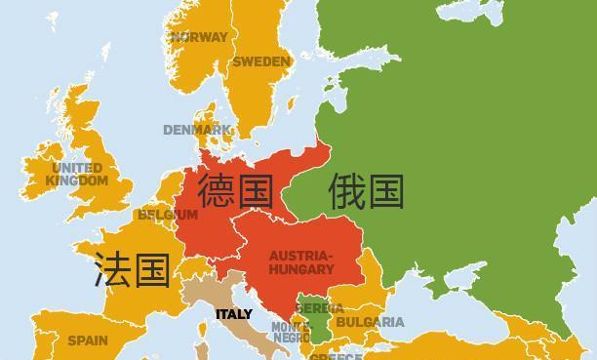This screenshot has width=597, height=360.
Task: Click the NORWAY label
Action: click(x=198, y=37)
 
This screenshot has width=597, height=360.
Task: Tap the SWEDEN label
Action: click(x=260, y=61)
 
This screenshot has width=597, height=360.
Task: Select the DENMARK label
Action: click(x=197, y=130)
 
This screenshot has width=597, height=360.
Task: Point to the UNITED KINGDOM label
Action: click(x=77, y=175)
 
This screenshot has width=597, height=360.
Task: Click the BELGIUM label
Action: click(x=167, y=215)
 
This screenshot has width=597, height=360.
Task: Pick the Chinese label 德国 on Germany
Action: click(x=235, y=190)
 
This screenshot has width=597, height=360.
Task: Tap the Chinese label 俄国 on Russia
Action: click(x=366, y=190)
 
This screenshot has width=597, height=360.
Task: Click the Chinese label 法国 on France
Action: click(x=132, y=269)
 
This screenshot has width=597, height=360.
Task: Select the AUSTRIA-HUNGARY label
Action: click(x=300, y=261)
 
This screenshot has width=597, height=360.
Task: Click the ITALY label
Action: click(x=233, y=314)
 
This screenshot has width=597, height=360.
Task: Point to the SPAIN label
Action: click(x=87, y=341)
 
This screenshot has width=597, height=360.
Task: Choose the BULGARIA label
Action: click(x=369, y=322)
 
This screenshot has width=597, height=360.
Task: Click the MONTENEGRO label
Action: click(x=291, y=333)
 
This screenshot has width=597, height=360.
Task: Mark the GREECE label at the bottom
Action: click(x=336, y=356)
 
